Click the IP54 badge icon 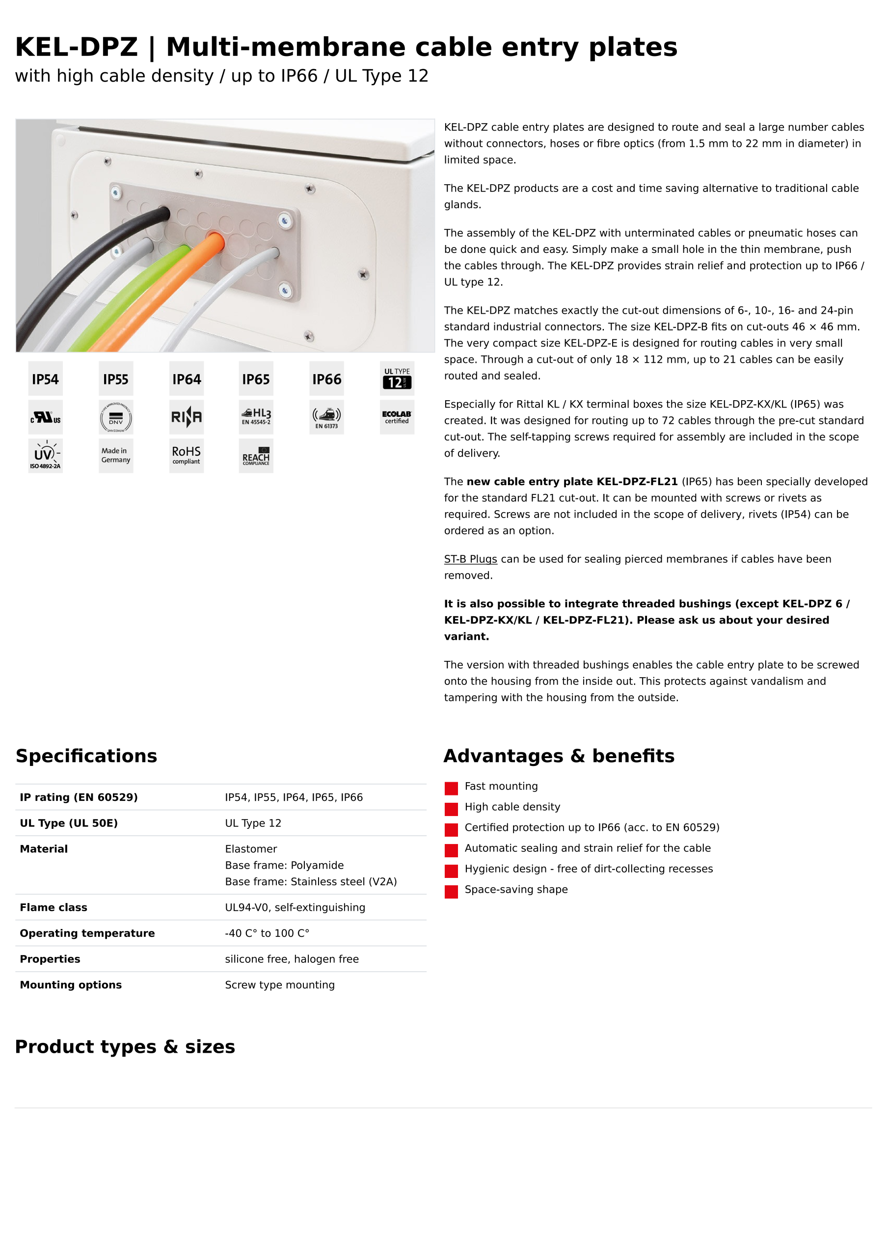[46, 379]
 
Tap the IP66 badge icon [327, 379]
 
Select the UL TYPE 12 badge [397, 379]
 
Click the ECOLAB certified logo [397, 417]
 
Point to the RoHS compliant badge [186, 456]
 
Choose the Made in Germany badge [115, 456]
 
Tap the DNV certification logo [115, 418]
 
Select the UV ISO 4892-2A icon [46, 456]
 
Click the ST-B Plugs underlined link [470, 559]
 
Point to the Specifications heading [86, 756]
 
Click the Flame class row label [54, 908]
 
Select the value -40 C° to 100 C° [267, 933]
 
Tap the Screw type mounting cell [280, 985]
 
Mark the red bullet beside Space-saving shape [451, 892]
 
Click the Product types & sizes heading [125, 1047]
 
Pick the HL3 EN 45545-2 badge [256, 417]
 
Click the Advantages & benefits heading [559, 756]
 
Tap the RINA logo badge [186, 417]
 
